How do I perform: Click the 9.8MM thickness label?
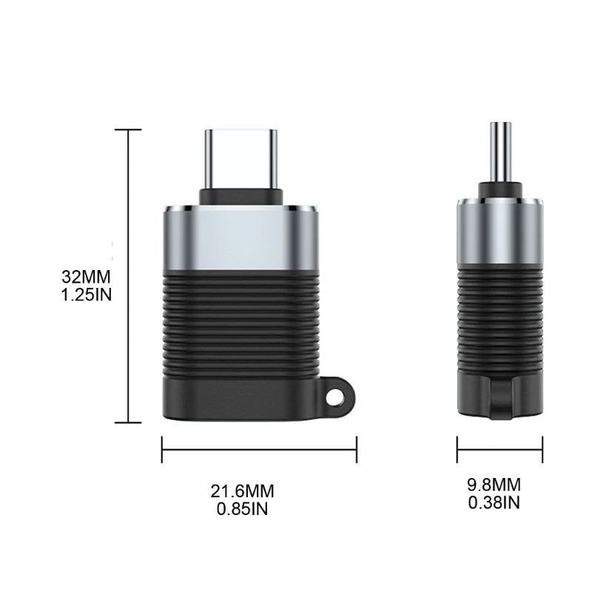[x=494, y=485]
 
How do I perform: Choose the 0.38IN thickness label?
[x=494, y=503]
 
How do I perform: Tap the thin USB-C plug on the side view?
[x=500, y=152]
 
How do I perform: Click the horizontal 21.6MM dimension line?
[x=260, y=448]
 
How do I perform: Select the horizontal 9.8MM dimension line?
[x=499, y=448]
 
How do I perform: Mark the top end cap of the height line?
[x=129, y=130]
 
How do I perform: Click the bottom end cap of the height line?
[x=129, y=423]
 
